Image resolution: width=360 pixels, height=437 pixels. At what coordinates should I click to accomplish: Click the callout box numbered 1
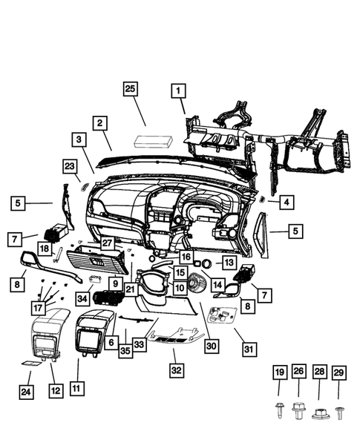click(x=178, y=92)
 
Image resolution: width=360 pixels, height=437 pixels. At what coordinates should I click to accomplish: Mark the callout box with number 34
click(x=83, y=298)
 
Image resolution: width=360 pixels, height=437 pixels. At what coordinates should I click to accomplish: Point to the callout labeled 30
click(x=212, y=346)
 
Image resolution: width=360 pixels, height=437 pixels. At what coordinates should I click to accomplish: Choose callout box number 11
click(x=76, y=387)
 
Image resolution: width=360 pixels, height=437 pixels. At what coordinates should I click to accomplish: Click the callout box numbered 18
click(x=45, y=249)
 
